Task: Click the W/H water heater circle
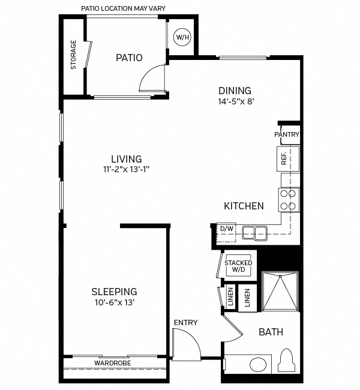click(182, 37)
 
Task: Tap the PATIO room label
click(129, 58)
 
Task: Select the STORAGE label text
click(73, 55)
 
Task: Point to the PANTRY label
click(286, 134)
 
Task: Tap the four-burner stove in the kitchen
click(289, 199)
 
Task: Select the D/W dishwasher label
click(226, 229)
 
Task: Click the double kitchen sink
click(255, 232)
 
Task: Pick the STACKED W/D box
click(238, 266)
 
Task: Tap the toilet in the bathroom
click(287, 362)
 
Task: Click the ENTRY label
click(185, 323)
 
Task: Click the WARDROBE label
click(112, 364)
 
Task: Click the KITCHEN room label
click(244, 206)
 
